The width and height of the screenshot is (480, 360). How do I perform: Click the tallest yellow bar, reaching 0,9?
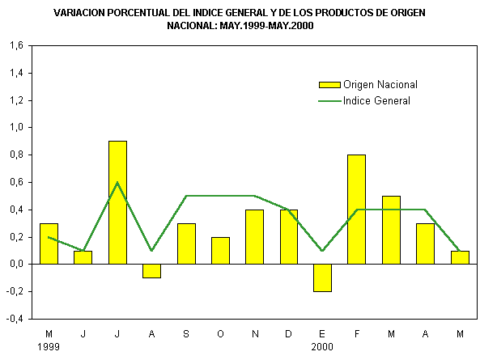point(117,202)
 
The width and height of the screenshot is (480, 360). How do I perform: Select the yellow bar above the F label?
point(356,210)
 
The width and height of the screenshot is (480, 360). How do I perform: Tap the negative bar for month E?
point(322,277)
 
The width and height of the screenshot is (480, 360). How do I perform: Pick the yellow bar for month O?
point(220,251)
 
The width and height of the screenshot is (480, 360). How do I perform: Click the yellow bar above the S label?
point(186,244)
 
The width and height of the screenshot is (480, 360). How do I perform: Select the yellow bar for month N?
point(254,237)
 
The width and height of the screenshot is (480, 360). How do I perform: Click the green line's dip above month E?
point(322,251)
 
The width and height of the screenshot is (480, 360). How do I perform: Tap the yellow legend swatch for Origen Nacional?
point(329,85)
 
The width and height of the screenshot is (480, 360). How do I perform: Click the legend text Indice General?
point(376,101)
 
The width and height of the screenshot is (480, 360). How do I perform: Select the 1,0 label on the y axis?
point(16,127)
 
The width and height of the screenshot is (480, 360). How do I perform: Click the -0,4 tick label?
point(15,319)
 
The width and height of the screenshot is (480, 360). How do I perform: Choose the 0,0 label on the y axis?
point(16,264)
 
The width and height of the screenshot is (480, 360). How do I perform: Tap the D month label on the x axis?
point(288,334)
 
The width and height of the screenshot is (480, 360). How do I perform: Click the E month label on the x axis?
point(322,334)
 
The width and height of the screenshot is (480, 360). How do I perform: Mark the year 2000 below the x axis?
point(322,347)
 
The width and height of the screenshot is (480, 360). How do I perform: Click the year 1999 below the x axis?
point(49,347)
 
